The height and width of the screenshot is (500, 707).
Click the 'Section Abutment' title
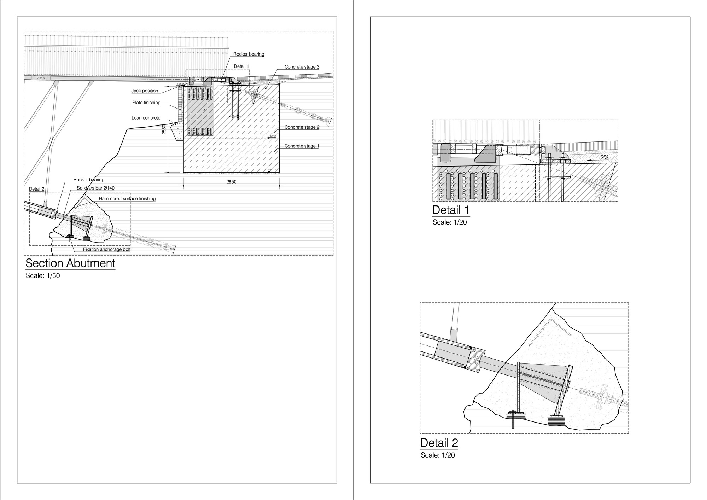(x=70, y=263)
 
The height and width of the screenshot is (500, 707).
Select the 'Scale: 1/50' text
(x=43, y=276)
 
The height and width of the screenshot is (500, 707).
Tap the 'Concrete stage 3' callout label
(x=302, y=67)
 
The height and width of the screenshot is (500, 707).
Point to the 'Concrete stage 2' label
(x=302, y=127)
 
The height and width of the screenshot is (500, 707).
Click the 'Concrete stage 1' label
(x=302, y=146)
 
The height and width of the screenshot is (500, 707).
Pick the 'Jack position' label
(x=145, y=91)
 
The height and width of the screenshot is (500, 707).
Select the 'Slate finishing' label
(x=146, y=103)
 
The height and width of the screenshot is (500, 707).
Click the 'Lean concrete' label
(x=146, y=118)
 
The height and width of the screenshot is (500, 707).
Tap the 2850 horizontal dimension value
(x=231, y=182)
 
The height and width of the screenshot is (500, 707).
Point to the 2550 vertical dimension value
(x=164, y=129)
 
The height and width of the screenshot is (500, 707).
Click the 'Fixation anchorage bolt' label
(x=107, y=249)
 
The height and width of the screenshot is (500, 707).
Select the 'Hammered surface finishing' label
(x=127, y=199)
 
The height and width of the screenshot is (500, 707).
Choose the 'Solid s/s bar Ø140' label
(x=95, y=188)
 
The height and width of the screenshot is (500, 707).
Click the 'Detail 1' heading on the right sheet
(x=451, y=210)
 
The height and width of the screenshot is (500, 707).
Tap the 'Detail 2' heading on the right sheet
(x=439, y=443)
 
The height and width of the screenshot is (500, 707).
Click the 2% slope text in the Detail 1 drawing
(x=604, y=157)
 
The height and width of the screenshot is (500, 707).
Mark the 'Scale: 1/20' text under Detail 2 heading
(x=438, y=455)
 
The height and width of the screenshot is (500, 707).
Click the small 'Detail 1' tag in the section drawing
(x=241, y=66)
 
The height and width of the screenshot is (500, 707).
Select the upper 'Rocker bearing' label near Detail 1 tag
(x=249, y=54)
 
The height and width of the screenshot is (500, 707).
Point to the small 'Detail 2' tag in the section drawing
(x=37, y=189)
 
